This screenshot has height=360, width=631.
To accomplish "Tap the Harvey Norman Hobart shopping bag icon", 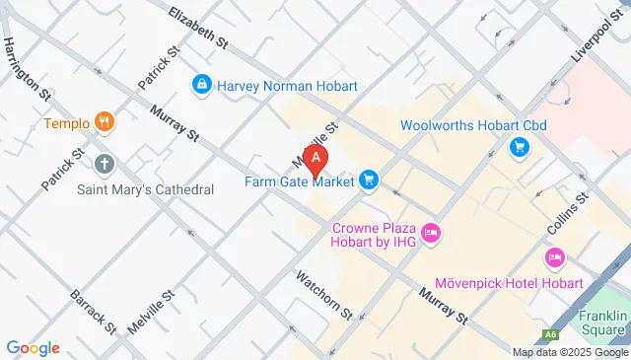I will [202, 85].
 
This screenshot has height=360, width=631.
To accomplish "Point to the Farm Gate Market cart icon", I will [369, 180].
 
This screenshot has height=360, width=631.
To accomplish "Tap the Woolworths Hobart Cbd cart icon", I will [519, 149].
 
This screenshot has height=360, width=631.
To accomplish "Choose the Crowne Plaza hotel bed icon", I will [430, 234].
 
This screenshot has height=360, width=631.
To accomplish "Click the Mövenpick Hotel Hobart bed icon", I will [554, 258].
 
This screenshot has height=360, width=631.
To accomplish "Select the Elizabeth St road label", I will [198, 30].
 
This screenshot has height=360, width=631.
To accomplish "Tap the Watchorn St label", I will [324, 294].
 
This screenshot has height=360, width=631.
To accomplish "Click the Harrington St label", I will [27, 68].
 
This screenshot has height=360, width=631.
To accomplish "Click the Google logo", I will [33, 347].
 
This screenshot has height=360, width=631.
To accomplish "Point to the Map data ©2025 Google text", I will [569, 352].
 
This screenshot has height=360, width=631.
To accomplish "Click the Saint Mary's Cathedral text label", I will [146, 188].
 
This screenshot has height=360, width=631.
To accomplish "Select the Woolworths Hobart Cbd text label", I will [473, 125].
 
